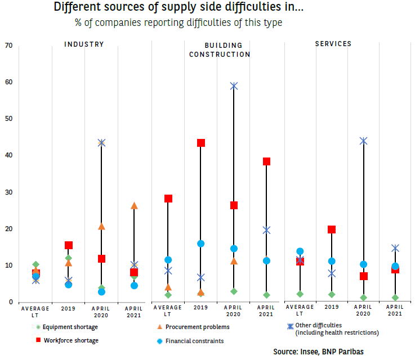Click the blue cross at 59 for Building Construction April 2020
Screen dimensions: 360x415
234,86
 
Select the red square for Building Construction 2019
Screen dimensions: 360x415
201,143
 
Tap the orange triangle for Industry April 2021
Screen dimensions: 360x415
134,206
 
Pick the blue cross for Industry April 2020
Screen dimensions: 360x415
101,143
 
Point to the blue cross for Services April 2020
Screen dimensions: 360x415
364,141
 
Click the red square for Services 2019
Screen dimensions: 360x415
332,229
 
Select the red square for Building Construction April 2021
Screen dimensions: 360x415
267,161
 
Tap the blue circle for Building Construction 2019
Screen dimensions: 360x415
201,244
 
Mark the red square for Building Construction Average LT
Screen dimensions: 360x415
168,199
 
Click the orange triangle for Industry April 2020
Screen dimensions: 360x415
101,227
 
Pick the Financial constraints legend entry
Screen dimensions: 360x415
192,341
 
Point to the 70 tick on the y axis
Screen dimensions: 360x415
8,46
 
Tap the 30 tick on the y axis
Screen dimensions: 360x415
8,192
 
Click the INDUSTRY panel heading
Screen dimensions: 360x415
84,44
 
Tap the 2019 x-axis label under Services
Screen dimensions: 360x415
332,308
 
